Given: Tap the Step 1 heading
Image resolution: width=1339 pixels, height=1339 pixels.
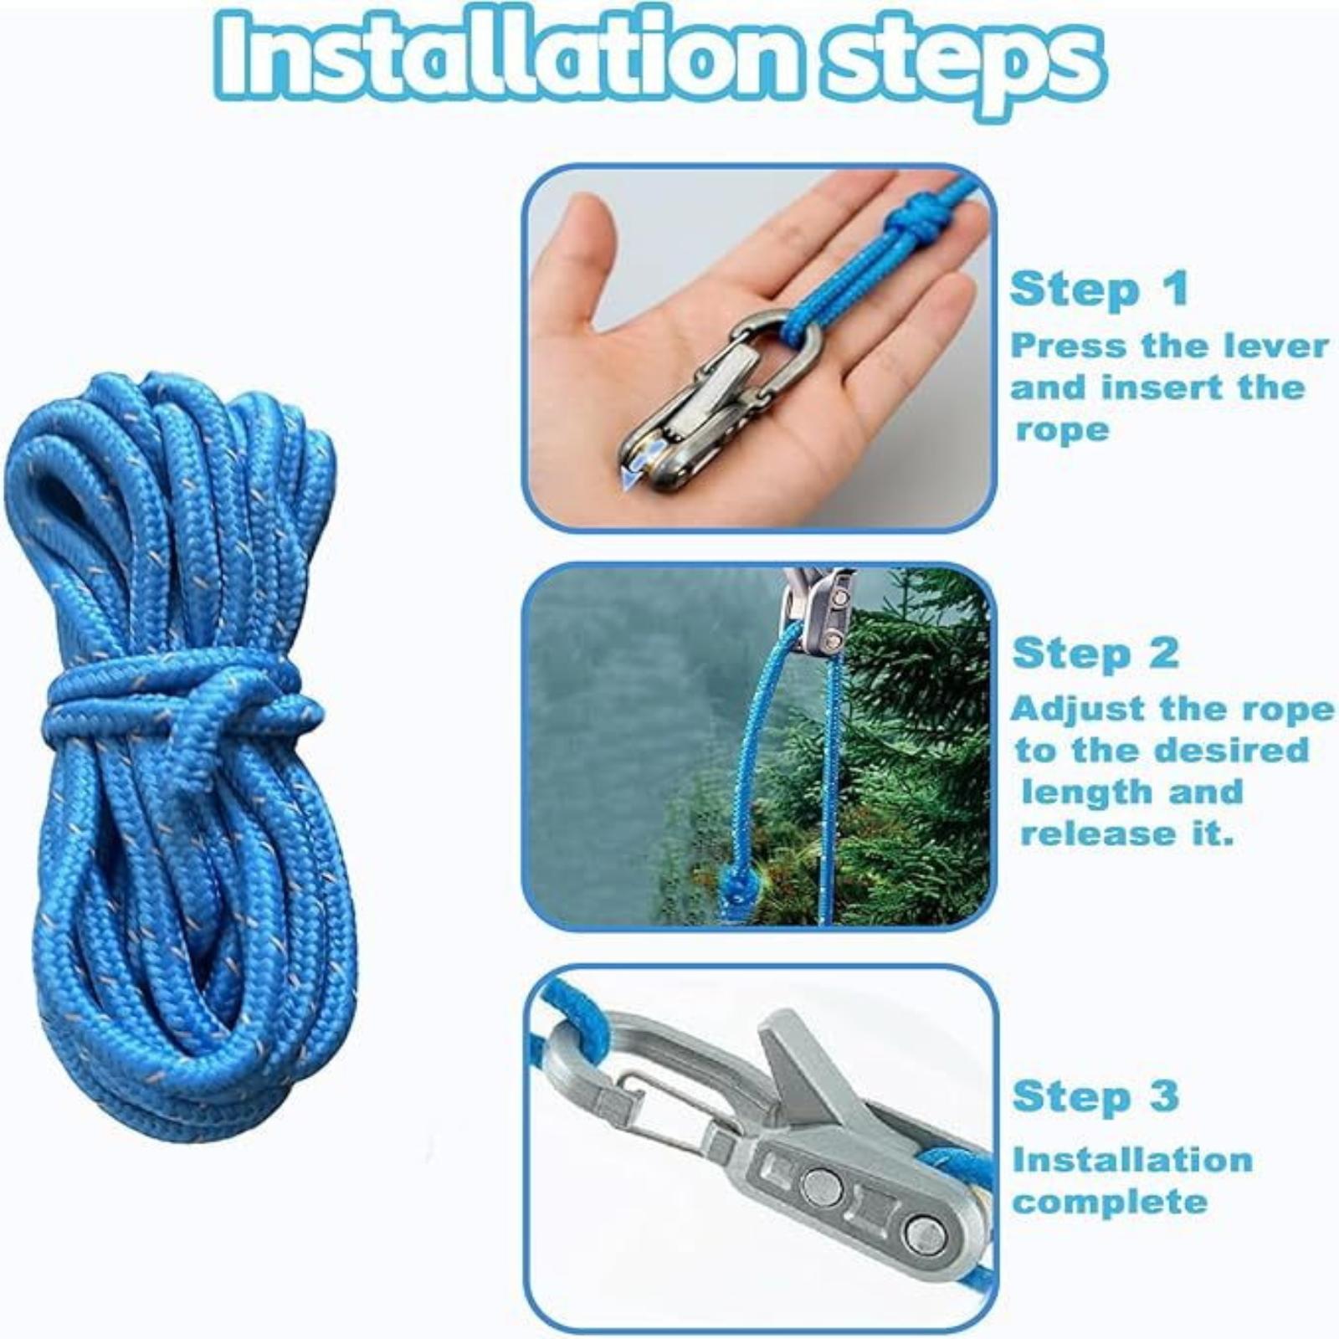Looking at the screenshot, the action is (x=1099, y=289).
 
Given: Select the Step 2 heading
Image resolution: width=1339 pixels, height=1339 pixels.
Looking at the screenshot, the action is (x=1096, y=653).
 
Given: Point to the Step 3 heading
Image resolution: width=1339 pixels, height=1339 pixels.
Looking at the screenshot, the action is (x=1096, y=1095).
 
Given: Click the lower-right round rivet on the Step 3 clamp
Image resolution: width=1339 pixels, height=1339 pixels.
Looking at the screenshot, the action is (x=925, y=1232).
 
